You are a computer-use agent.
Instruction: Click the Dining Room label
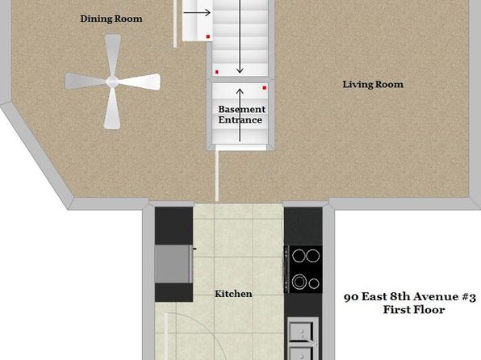[111, 19]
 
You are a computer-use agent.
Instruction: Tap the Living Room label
[373, 85]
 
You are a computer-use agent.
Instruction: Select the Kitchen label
[233, 294]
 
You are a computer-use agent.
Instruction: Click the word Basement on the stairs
[242, 109]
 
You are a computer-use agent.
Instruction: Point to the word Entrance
[240, 119]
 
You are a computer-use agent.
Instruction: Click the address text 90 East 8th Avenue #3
[410, 297]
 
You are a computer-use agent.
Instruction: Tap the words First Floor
[414, 310]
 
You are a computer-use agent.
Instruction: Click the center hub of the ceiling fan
[112, 82]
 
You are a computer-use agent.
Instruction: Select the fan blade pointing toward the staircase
[140, 82]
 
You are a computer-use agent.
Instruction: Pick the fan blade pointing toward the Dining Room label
[112, 55]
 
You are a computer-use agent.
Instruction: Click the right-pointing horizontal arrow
[197, 13]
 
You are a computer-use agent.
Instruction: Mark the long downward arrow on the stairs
[240, 37]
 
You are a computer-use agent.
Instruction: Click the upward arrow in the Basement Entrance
[240, 115]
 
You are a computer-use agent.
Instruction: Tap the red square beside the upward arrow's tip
[265, 88]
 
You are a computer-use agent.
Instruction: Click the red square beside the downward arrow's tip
[217, 72]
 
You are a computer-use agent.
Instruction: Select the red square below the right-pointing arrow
[208, 36]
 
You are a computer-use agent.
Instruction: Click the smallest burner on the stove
[314, 283]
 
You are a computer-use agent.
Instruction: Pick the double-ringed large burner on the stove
[299, 282]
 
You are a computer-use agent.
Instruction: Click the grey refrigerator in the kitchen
[174, 264]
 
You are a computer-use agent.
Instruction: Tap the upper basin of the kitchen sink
[302, 332]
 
